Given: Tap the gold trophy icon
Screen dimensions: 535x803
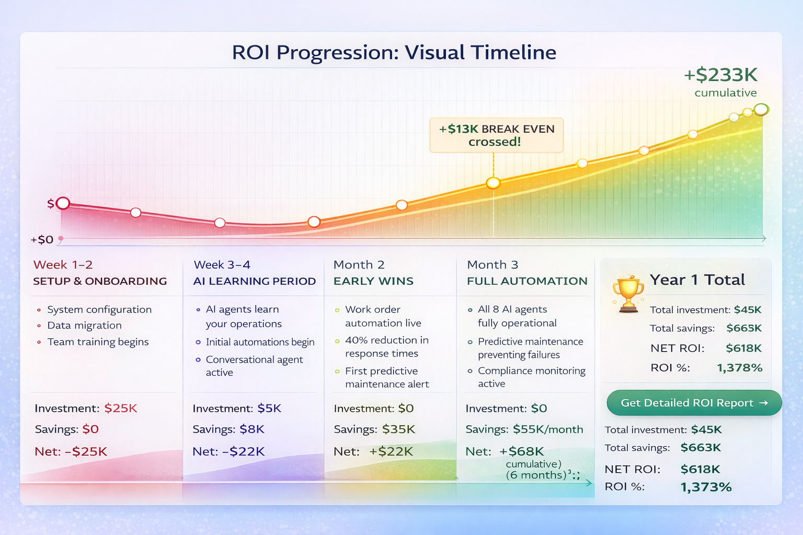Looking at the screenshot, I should [x=628, y=294].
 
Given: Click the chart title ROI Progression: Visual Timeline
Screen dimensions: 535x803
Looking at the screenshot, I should [x=394, y=53].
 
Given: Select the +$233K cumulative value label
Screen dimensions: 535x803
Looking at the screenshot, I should [x=721, y=75].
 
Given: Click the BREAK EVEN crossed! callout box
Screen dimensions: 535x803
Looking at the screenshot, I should [x=496, y=135].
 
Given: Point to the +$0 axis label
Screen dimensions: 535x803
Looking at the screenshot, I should [x=42, y=240].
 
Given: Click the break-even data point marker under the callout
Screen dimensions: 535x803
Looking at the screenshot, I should [x=493, y=183].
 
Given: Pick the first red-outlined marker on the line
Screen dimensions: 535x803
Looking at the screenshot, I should [x=63, y=203].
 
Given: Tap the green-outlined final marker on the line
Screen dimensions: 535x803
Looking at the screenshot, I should [x=762, y=109].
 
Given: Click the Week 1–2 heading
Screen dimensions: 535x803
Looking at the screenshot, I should [x=63, y=265].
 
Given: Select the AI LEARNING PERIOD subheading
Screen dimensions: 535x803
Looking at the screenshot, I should [x=254, y=281].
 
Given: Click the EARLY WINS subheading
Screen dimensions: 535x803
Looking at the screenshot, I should [x=373, y=281].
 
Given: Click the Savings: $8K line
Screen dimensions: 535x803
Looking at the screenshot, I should [x=228, y=429].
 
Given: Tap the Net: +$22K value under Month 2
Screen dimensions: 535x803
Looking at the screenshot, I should [x=391, y=451].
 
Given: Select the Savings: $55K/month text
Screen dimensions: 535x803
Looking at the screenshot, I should [x=524, y=429].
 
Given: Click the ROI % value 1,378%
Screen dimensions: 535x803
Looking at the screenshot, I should [x=739, y=368].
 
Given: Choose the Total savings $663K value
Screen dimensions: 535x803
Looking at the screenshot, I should [x=701, y=448].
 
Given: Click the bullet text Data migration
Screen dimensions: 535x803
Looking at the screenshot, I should [x=84, y=325].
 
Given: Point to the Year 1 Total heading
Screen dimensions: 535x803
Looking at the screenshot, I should [x=697, y=280].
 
